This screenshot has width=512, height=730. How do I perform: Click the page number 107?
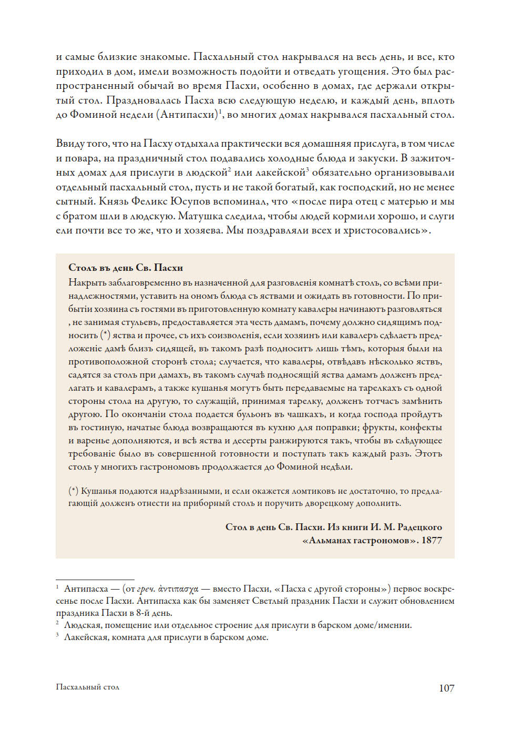click(x=446, y=688)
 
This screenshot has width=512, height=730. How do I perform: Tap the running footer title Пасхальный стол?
click(x=87, y=687)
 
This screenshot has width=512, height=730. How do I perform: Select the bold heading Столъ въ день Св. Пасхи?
click(x=126, y=268)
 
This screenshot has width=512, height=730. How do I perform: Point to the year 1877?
click(x=432, y=540)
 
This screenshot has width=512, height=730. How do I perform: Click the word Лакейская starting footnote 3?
click(x=87, y=637)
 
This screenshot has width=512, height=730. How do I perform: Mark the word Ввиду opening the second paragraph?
click(x=70, y=144)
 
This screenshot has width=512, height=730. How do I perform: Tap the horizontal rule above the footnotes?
click(x=95, y=580)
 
